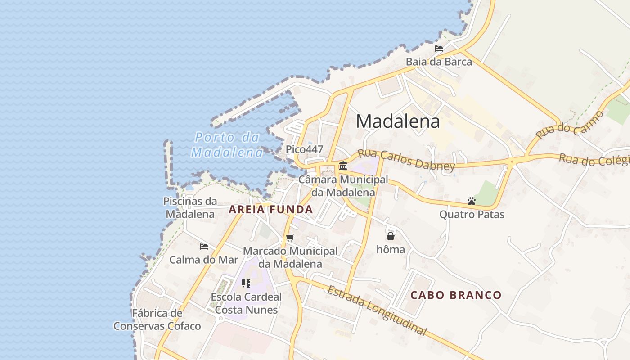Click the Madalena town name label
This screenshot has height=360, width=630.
point(398,121)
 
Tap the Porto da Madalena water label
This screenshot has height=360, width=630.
point(227,144)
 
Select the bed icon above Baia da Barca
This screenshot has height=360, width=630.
point(439,49)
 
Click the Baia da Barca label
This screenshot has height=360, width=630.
point(439,62)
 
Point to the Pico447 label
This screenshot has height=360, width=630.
point(304,149)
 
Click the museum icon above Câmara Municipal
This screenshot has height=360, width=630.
point(343,166)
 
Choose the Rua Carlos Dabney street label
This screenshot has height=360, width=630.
point(406,160)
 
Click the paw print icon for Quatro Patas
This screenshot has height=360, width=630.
point(472,201)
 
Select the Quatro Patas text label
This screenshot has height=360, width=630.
point(472,214)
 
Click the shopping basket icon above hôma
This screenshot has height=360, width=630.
point(390,236)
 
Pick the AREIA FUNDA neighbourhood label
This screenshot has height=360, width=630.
point(271,209)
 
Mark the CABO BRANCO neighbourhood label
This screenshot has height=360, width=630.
point(456,295)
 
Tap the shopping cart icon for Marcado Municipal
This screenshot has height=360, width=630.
point(290,238)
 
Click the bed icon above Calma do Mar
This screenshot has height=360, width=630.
point(204,246)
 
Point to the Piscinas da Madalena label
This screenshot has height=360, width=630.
point(190,207)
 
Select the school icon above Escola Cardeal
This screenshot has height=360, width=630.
point(246,283)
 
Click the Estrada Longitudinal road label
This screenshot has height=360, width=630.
point(376,310)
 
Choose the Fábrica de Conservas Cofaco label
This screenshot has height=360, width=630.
point(157,319)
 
